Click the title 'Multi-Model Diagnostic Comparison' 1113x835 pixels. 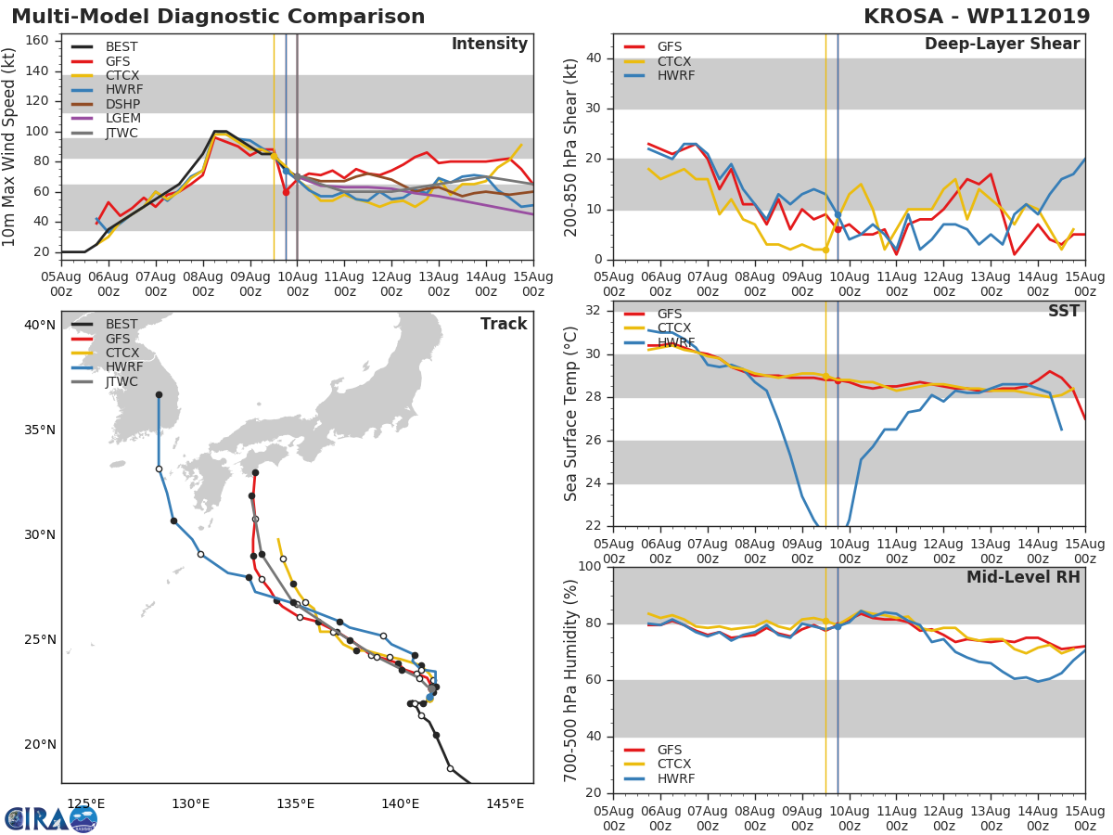218,17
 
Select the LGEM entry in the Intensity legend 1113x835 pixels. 123,119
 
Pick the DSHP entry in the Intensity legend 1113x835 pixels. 123,105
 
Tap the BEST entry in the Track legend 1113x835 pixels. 122,325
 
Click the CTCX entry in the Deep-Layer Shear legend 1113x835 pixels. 674,61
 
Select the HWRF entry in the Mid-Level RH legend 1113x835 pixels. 675,778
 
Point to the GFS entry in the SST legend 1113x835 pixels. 670,314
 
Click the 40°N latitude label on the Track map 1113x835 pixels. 39,325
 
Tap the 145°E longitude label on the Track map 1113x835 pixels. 505,803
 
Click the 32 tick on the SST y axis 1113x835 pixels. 595,311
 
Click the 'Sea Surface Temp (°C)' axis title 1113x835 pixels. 571,415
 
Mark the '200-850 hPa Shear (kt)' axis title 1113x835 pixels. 571,147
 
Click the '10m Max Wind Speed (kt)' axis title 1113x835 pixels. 10,147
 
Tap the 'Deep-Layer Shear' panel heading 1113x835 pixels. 1002,45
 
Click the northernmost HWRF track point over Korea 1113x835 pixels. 159,395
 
